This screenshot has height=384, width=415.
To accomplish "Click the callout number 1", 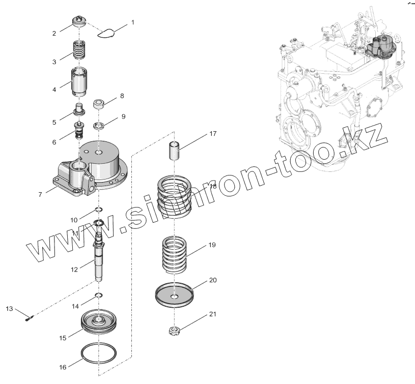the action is [133, 22].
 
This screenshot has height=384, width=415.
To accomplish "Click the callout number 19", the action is [212, 245].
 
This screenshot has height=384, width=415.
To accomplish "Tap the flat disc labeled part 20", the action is [175, 297].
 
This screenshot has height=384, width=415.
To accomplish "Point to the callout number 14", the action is [75, 306].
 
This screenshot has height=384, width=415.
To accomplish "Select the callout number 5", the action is [54, 122].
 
